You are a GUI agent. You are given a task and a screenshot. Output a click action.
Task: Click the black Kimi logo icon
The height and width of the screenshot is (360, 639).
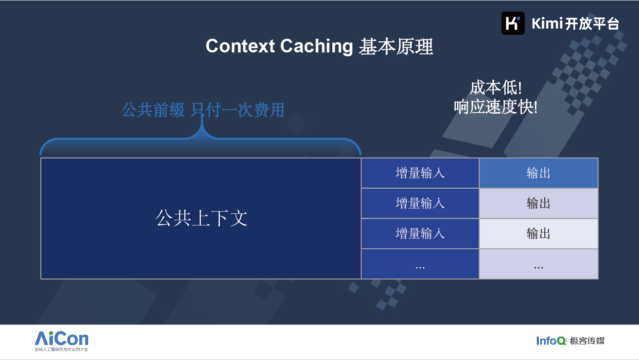(513, 23)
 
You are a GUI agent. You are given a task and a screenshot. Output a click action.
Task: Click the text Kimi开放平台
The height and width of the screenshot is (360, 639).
(576, 23)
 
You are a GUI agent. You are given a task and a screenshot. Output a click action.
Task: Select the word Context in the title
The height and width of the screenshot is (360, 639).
(240, 46)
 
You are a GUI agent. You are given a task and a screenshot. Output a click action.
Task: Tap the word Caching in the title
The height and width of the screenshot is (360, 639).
(317, 46)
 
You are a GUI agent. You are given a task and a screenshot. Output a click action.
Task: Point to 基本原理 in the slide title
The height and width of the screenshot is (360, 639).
(396, 46)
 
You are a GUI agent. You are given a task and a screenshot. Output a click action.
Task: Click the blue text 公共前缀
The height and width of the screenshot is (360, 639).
(153, 110)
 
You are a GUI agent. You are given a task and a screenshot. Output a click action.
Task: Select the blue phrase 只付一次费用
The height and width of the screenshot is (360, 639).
(238, 110)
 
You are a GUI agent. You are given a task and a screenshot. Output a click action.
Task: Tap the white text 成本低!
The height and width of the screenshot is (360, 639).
(496, 87)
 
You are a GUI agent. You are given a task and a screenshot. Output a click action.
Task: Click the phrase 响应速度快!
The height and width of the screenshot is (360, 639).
(496, 107)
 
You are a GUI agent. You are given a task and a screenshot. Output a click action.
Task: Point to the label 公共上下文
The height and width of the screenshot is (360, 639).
(201, 218)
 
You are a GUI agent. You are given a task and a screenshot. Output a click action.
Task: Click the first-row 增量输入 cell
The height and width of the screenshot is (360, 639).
(420, 173)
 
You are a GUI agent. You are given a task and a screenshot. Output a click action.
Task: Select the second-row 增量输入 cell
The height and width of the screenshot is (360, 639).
(420, 203)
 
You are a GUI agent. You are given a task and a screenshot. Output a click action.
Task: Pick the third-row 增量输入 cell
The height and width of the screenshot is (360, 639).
(420, 233)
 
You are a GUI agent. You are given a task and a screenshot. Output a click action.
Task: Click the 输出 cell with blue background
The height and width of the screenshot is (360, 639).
(538, 173)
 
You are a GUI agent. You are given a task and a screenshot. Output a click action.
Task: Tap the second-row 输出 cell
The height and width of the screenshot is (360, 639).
(538, 203)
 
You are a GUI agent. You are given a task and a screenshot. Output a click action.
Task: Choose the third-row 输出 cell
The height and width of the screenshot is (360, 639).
(538, 233)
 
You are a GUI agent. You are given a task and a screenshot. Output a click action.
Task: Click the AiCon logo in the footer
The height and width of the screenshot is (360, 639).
(61, 341)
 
